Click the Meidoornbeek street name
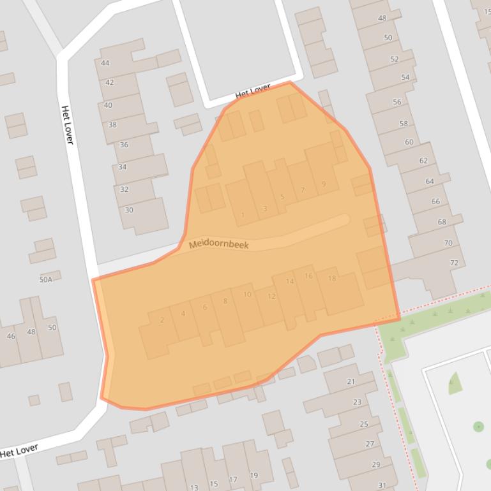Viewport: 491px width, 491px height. tap(219, 244)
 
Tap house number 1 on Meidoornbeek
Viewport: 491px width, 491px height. tap(243, 216)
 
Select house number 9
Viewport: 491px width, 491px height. tap(324, 184)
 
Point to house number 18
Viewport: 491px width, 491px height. tap(331, 278)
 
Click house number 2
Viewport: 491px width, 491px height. tap(162, 320)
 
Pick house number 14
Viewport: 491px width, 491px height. tap(290, 281)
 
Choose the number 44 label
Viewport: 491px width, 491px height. tap(105, 63)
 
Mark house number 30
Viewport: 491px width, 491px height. tap(129, 210)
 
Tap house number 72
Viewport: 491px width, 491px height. tap(454, 263)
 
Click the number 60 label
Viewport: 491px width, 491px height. tap(409, 142)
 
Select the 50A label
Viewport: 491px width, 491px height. tap(45, 279)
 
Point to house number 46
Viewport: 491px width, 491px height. tap(11, 336)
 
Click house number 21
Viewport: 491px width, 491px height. tap(351, 381)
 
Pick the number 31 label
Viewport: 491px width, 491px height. tap(382, 485)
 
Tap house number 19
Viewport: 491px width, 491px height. tap(253, 475)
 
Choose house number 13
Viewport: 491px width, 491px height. tap(193, 487)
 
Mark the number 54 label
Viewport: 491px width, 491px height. tap(405, 77)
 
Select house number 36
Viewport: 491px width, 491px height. tap(124, 145)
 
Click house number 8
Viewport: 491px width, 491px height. tap(225, 301)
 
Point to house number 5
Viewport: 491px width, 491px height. tap(282, 196)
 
